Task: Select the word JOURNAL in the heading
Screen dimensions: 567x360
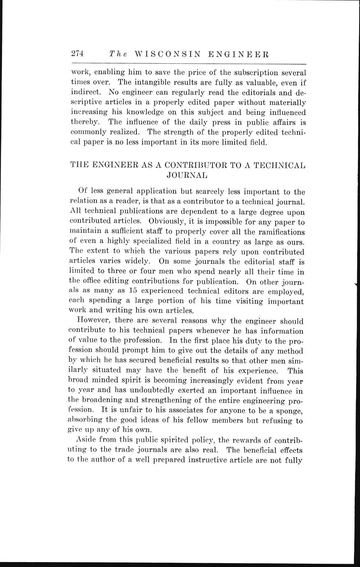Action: [x=187, y=175]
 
